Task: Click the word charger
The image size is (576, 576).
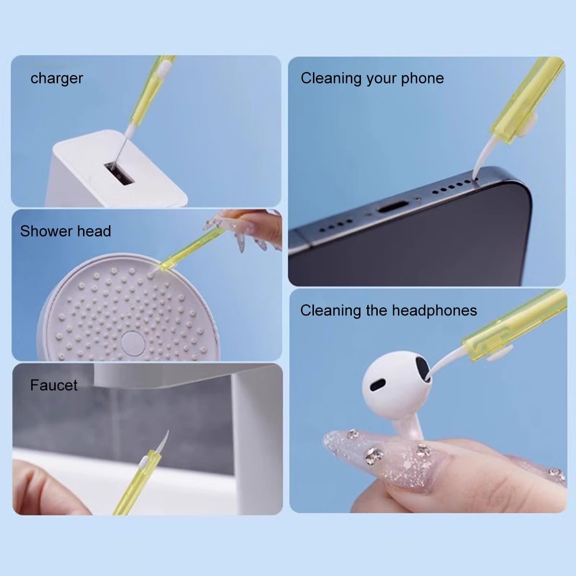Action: (57, 79)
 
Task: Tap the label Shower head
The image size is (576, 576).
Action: (65, 231)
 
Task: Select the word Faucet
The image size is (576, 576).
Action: (54, 385)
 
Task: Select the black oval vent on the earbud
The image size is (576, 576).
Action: (378, 384)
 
